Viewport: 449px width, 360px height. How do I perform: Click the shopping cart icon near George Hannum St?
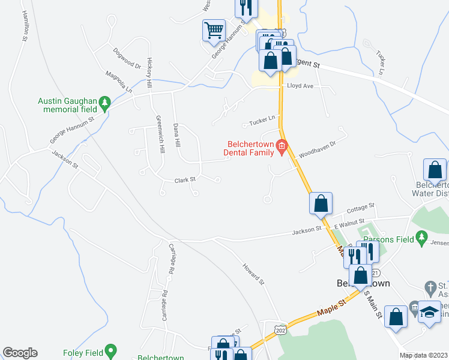pos(214,29)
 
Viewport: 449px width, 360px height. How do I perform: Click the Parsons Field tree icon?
pos(421,239)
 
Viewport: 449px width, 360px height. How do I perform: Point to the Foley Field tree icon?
pos(110,350)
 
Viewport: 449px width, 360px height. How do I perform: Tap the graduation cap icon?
pos(429,311)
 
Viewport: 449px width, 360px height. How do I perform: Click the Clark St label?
pos(185,179)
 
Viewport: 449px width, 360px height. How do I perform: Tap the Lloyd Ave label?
pos(300,86)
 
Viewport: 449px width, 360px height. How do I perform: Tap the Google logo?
pos(20,353)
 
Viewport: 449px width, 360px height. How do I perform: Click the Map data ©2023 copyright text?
pos(423,355)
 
